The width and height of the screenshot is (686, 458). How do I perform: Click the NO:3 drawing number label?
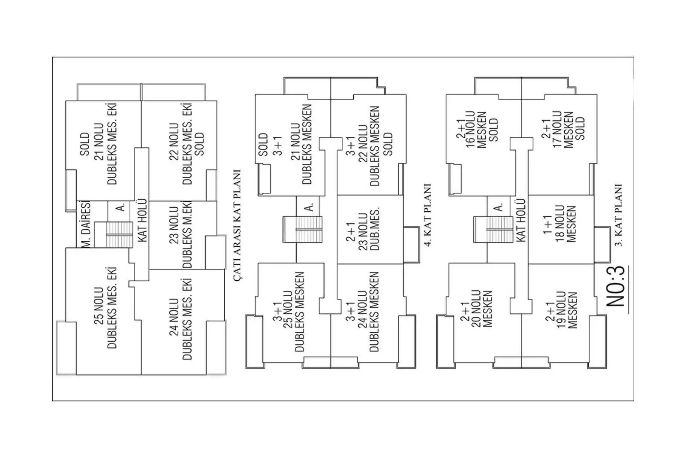[x=616, y=286]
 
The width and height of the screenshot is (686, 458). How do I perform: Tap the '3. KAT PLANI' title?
[x=618, y=215]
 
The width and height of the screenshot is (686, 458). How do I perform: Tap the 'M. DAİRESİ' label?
[x=86, y=224]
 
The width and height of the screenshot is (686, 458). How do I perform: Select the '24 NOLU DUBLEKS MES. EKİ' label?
[x=181, y=320]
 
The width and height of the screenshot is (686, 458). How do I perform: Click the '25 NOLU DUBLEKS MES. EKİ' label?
[x=105, y=308]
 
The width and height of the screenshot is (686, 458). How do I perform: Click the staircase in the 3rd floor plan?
[x=493, y=230]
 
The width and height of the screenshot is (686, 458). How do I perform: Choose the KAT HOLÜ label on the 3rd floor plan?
[x=521, y=220]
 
